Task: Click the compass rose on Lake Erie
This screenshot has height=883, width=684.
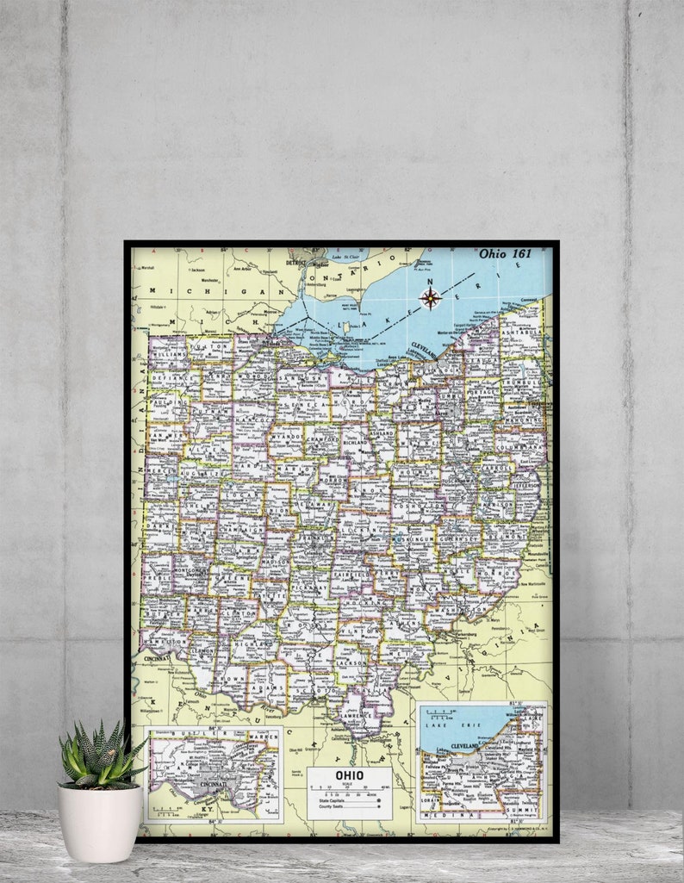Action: click(430, 298)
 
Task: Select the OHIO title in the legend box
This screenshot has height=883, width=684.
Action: click(349, 775)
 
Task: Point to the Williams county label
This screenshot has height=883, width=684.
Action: click(167, 353)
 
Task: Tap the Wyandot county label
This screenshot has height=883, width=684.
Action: click(285, 437)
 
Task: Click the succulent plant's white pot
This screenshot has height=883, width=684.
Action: click(100, 823)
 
